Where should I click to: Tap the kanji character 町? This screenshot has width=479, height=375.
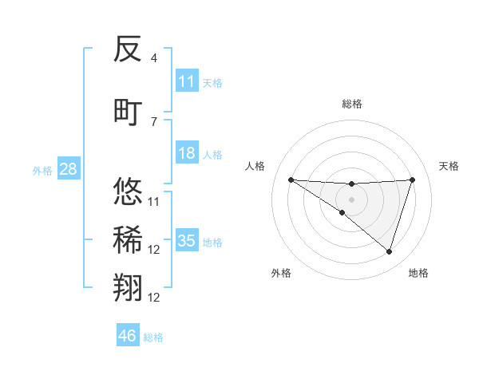point(129,112)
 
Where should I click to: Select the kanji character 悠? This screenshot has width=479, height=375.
point(129,191)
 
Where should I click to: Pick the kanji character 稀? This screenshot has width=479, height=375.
point(129,240)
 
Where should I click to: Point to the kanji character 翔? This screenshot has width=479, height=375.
point(129,288)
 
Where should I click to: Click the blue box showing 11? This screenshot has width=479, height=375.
point(187,81)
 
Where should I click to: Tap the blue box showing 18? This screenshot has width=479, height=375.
point(187,153)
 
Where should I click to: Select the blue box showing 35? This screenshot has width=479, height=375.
point(187,241)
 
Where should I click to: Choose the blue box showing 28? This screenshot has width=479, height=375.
point(67,169)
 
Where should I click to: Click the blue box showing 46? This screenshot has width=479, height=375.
point(128,336)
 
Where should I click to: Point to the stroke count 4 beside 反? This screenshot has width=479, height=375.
point(154,58)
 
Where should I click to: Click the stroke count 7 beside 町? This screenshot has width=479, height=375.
point(154,121)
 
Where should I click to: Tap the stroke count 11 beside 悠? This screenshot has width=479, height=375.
point(154,201)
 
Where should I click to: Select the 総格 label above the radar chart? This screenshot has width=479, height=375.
point(351,104)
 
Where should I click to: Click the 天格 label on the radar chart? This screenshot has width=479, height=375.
point(449,166)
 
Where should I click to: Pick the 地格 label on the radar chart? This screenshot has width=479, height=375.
point(418,273)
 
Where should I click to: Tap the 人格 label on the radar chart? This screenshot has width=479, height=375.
point(255,166)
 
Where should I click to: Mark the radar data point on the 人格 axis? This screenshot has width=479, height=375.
point(291,180)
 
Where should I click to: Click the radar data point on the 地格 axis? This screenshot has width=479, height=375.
point(389,251)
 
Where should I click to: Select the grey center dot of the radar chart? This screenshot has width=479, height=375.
point(351,198)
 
